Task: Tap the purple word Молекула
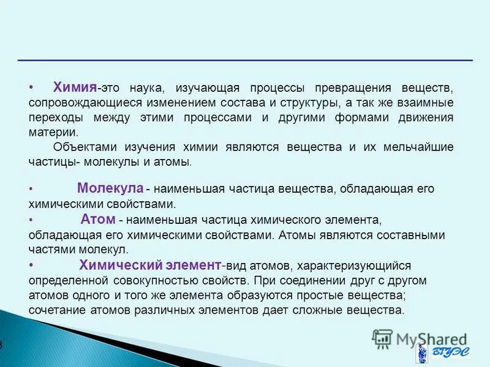pyautogui.click(x=110, y=188)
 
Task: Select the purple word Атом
pyautogui.click(x=97, y=219)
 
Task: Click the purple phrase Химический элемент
pyautogui.click(x=149, y=265)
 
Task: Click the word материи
pyautogui.click(x=53, y=132)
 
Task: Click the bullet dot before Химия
pyautogui.click(x=31, y=87)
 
